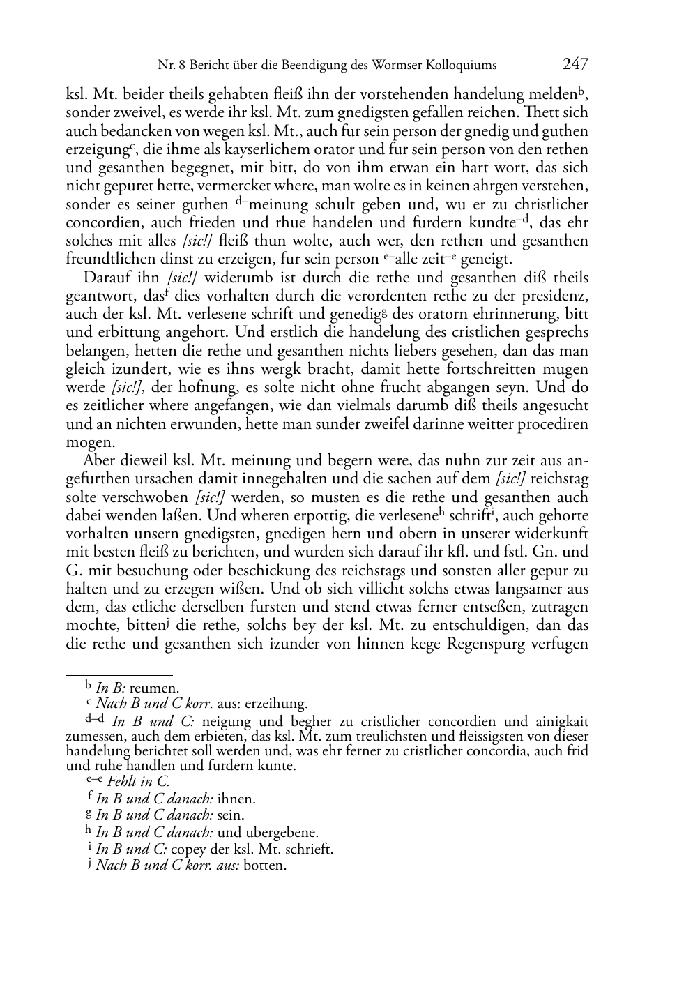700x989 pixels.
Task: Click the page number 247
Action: (575, 65)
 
